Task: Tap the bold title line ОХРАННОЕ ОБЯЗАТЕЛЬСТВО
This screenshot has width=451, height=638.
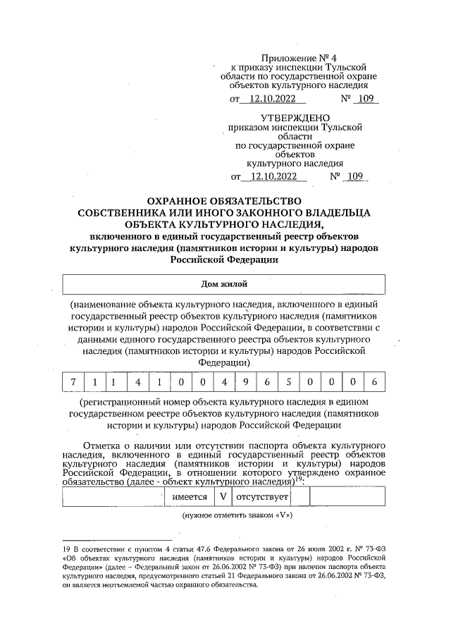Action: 224,201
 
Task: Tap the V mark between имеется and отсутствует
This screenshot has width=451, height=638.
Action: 223,496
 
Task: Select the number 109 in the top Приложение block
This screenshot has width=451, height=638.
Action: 364,99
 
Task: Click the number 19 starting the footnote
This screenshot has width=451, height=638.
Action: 66,547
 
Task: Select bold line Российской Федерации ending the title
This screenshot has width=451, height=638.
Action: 224,259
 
